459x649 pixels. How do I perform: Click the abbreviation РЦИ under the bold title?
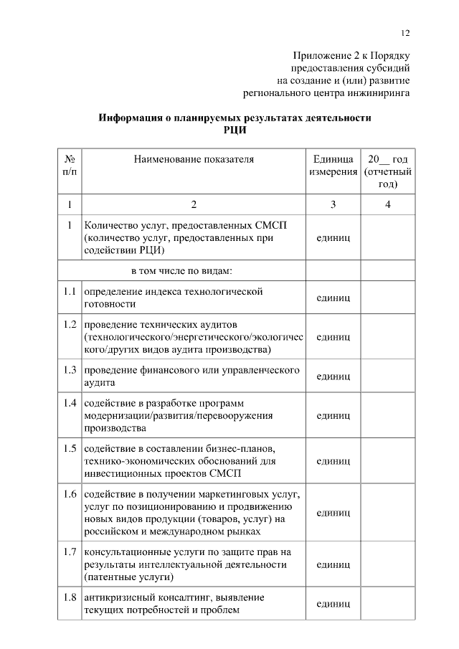(235, 129)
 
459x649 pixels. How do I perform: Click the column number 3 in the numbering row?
(333, 205)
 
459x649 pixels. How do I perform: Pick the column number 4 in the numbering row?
(387, 205)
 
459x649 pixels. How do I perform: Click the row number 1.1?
(70, 292)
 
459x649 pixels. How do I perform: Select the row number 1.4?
(70, 402)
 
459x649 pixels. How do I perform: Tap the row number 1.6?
(70, 494)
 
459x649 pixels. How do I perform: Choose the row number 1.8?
(70, 597)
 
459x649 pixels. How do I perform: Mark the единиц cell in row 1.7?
(333, 565)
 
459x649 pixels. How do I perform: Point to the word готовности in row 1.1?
(110, 304)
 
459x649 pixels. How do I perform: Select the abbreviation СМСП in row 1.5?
(224, 475)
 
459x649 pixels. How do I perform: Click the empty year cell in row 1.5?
(387, 462)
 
